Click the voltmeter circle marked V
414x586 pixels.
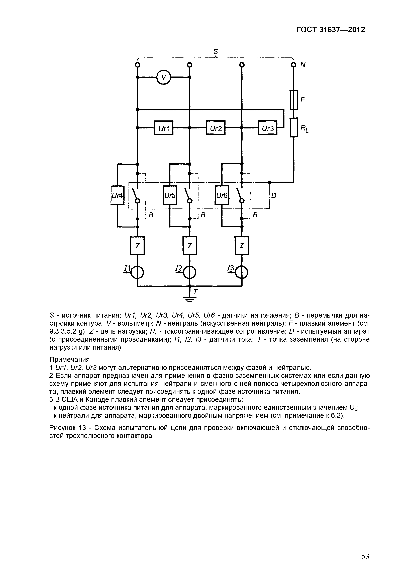tap(164, 77)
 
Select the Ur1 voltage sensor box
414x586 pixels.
tap(163, 128)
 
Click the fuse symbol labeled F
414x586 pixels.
tap(294, 100)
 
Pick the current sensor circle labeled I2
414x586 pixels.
tap(189, 273)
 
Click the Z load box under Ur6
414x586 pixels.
tap(242, 246)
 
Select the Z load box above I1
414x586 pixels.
tap(138, 246)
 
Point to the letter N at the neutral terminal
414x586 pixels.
tap(303, 65)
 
